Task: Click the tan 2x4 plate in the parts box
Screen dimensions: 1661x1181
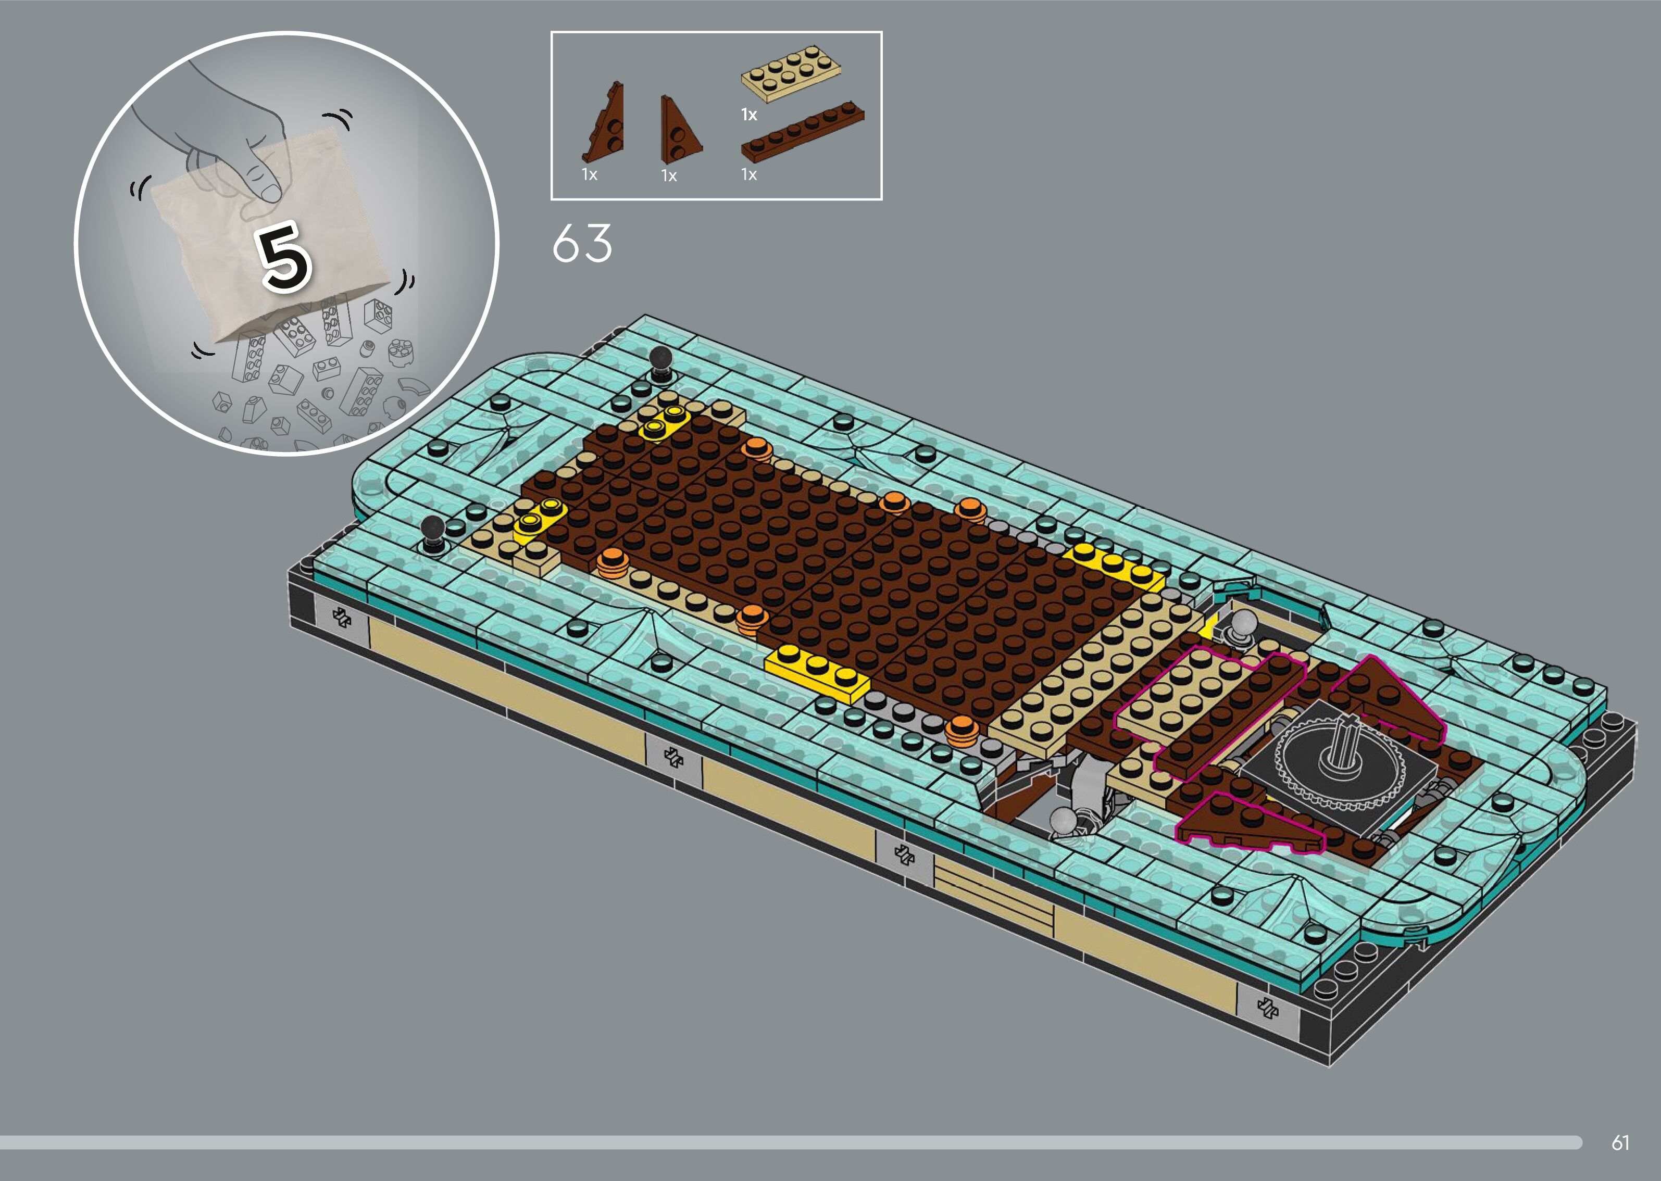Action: click(791, 73)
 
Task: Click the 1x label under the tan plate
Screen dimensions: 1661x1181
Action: click(749, 114)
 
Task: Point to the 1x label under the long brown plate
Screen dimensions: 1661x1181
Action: click(749, 174)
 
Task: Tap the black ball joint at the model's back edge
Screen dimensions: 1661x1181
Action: click(661, 362)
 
